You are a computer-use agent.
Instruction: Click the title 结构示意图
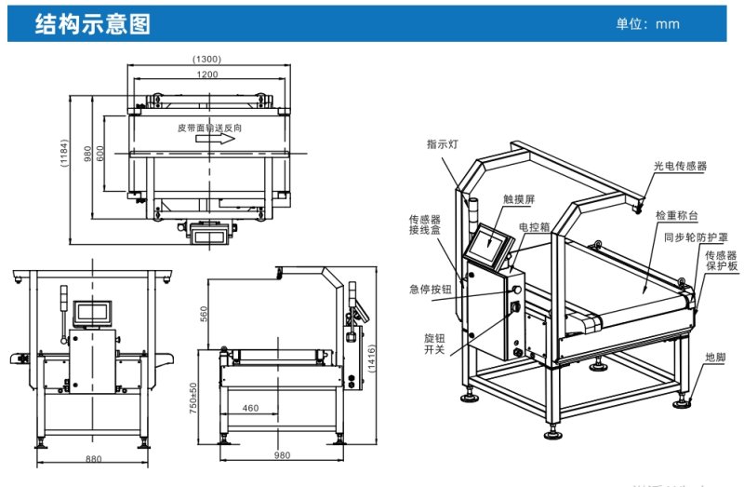tap(92, 24)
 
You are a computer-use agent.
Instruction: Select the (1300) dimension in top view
tap(206, 59)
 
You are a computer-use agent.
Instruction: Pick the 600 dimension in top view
tap(100, 154)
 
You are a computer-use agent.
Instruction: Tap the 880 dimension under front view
tap(94, 459)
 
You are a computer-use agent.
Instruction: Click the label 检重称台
tap(677, 214)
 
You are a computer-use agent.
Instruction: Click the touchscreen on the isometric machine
tap(489, 244)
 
